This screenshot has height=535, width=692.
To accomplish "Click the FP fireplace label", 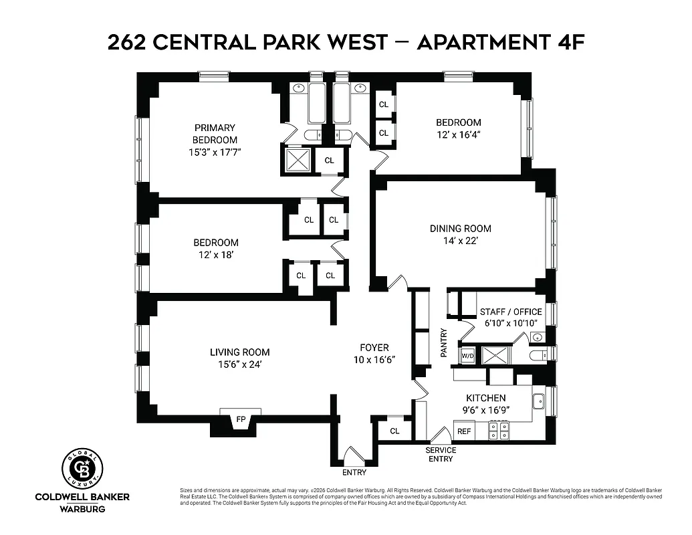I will point(241,420).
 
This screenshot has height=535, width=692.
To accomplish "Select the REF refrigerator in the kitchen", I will point(464,431).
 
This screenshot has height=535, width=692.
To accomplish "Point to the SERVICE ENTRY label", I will point(441,454).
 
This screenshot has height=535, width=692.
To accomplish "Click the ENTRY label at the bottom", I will point(354,473).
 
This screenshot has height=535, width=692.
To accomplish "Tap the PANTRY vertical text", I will point(443,342).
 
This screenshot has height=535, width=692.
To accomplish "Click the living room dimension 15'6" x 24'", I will point(239,364).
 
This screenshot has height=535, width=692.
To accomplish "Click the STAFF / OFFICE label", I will point(511,312).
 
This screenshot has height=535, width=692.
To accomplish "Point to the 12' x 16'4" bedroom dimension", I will point(458,134).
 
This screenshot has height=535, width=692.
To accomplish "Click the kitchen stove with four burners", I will point(499,430).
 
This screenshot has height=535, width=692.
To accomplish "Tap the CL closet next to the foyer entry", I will point(394,431).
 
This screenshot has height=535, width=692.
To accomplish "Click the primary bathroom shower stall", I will point(296,160).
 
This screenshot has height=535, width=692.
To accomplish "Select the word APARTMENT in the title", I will point(485,42).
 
